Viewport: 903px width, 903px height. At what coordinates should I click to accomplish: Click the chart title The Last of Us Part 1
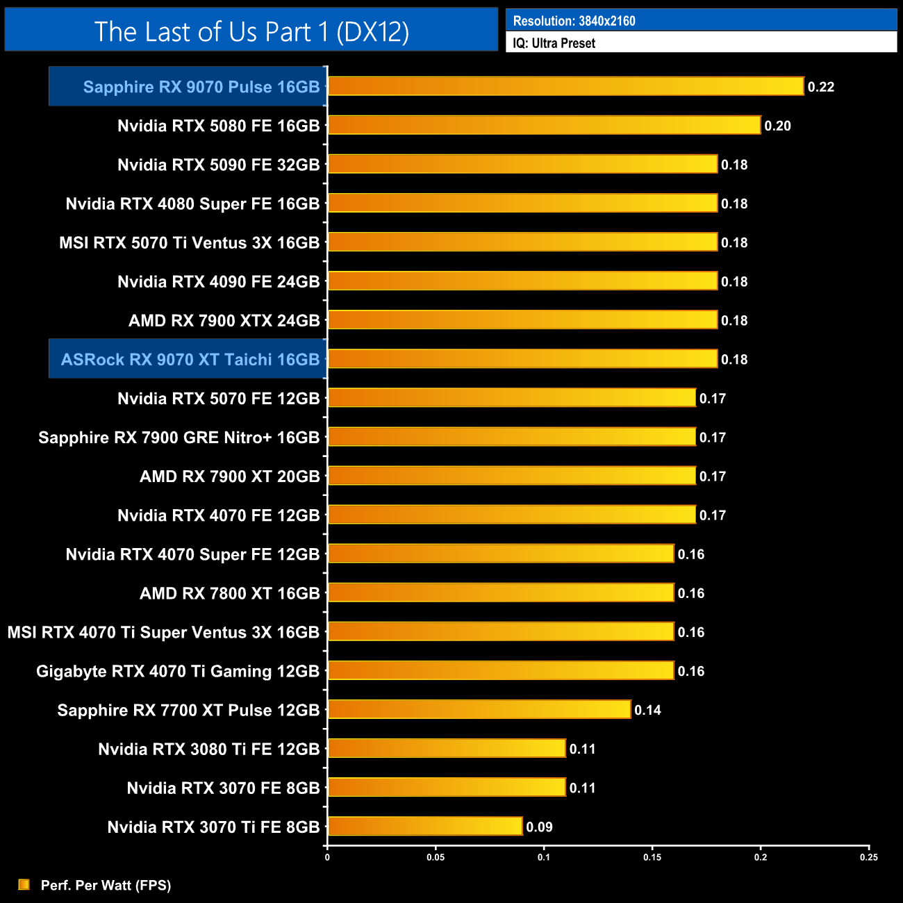click(251, 31)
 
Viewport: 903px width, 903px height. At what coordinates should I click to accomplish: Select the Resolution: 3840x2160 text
click(574, 21)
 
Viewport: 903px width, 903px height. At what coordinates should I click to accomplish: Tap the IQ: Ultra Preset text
click(554, 43)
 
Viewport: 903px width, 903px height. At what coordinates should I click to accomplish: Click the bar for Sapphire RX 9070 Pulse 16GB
click(565, 86)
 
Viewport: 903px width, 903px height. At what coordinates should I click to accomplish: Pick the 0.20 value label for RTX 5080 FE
click(777, 126)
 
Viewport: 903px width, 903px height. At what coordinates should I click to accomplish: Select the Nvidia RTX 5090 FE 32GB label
click(218, 165)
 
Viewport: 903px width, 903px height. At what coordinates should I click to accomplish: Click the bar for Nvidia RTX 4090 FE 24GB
click(522, 281)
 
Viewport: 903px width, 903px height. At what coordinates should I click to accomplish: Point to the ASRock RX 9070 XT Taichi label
click(190, 359)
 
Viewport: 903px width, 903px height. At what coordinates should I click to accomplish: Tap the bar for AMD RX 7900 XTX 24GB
click(522, 320)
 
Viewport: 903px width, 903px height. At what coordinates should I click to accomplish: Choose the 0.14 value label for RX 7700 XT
click(647, 710)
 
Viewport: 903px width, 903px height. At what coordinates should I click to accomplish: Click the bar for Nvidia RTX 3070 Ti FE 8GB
click(425, 826)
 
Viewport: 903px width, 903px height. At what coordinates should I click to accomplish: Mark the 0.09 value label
click(539, 827)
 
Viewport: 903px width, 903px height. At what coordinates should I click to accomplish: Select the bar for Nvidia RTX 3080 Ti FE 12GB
click(447, 748)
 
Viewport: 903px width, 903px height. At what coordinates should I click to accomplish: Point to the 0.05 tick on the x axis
click(436, 857)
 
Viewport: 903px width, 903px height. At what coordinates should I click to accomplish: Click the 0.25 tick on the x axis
click(869, 857)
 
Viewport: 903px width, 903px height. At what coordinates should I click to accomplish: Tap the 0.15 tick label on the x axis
click(652, 857)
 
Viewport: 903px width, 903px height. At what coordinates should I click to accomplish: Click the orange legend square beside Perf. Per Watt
click(24, 884)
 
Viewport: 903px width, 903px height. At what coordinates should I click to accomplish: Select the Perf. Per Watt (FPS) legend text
click(106, 885)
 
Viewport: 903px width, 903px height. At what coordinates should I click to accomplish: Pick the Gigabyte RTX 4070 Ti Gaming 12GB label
click(178, 671)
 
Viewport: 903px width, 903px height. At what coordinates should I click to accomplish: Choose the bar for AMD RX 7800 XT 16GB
click(501, 593)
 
